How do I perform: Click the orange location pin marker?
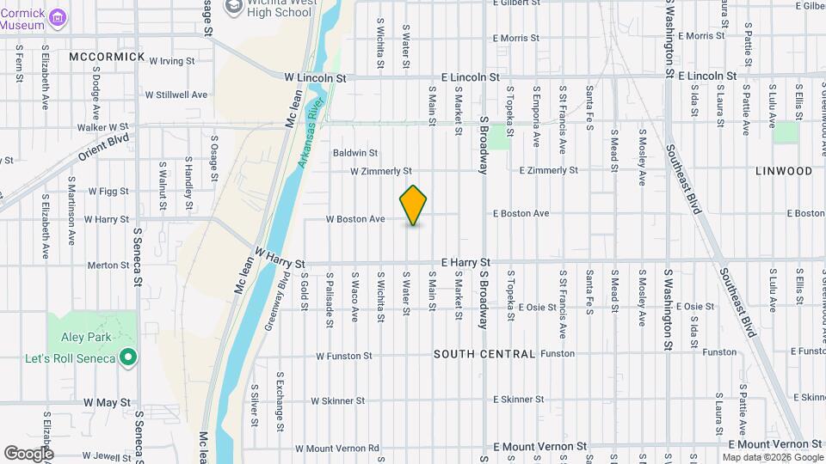coord(414,205)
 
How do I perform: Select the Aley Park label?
coord(81,339)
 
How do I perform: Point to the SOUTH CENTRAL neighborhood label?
coord(484,354)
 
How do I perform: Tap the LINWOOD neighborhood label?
coord(783,171)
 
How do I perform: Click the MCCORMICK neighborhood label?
coord(108,57)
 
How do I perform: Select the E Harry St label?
coord(465,262)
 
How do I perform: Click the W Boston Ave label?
coord(354,219)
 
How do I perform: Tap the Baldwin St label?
coord(355,153)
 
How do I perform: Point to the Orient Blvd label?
coord(103,148)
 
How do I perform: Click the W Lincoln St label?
coord(315,77)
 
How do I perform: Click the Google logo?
coord(28,453)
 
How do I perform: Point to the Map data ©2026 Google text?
coord(772,457)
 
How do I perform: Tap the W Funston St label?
coord(343,355)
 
